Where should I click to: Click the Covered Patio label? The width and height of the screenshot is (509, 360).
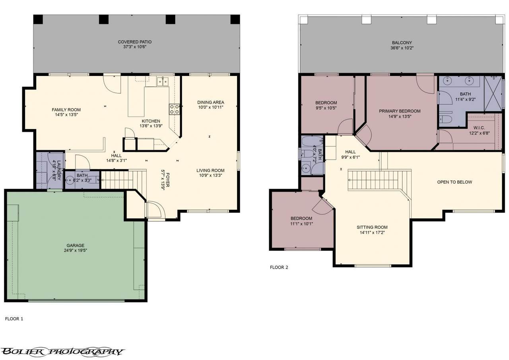coord(134,42)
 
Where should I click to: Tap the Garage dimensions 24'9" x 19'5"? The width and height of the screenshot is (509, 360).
coord(76,250)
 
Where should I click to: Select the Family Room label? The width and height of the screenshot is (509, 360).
coord(66,110)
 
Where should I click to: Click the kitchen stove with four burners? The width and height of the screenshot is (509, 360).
coord(174,109)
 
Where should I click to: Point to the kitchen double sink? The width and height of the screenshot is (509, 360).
coord(163,82)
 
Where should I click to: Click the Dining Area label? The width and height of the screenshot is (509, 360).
coord(211,103)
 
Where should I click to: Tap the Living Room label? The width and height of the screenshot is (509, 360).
coord(210,170)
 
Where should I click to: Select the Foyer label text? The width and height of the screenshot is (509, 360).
coord(168,180)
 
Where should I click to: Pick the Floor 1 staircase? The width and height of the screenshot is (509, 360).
coord(124,180)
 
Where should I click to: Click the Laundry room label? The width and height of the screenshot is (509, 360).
coord(59,170)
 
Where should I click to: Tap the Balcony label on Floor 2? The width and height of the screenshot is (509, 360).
coord(402,43)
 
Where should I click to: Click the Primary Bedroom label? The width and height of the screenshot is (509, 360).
coord(400,111)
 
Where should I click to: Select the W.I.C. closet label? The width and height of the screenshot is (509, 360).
coord(479,128)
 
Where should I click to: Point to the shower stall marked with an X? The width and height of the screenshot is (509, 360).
coord(493,94)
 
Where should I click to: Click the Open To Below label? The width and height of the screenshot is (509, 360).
coord(455,182)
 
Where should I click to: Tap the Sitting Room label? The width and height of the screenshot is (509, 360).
coord(372,227)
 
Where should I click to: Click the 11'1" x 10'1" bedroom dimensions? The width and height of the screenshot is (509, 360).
coord(301,224)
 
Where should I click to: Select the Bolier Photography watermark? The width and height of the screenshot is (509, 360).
coord(62,352)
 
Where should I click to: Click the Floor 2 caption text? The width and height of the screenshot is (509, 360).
coord(279,267)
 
